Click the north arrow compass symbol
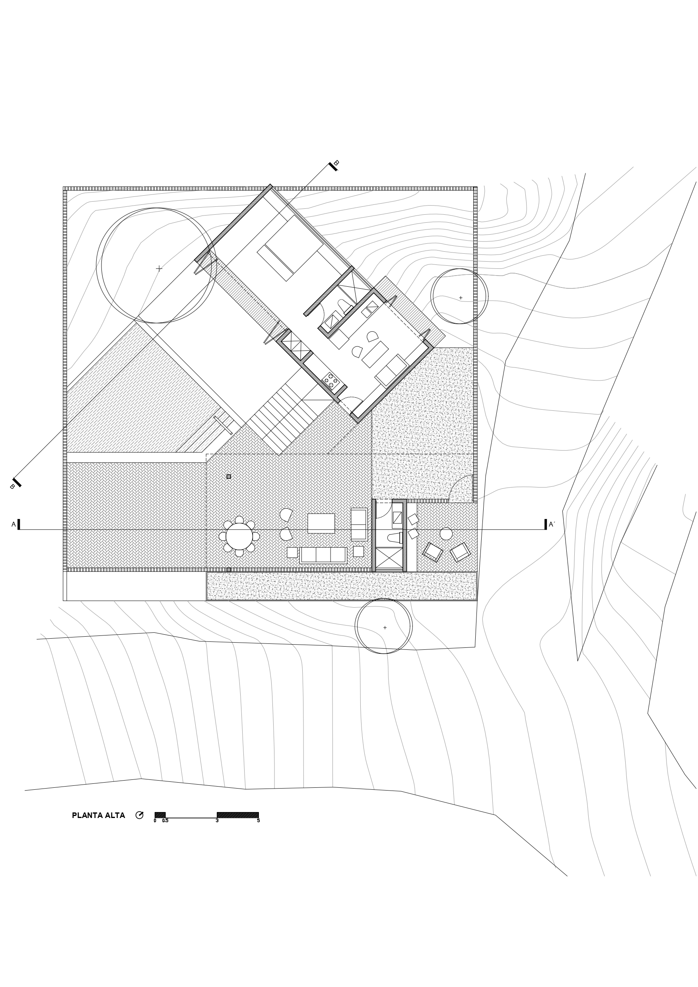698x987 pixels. pyautogui.click(x=139, y=815)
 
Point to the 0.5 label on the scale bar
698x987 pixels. pyautogui.click(x=165, y=821)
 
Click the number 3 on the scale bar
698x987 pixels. pyautogui.click(x=217, y=821)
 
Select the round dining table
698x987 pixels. pyautogui.click(x=239, y=536)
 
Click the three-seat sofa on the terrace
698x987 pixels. pyautogui.click(x=323, y=555)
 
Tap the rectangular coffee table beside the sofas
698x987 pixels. pyautogui.click(x=321, y=523)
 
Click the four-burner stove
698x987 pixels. pyautogui.click(x=331, y=381)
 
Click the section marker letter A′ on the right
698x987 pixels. pyautogui.click(x=552, y=524)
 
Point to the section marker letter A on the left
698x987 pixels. pyautogui.click(x=14, y=524)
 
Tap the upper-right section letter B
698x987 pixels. pyautogui.click(x=336, y=163)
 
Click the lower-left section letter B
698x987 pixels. pyautogui.click(x=12, y=487)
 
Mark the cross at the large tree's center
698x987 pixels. pyautogui.click(x=159, y=268)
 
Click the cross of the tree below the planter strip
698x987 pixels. pyautogui.click(x=385, y=627)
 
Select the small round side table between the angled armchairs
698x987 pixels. pyautogui.click(x=446, y=534)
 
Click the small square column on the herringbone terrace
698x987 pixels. pyautogui.click(x=229, y=476)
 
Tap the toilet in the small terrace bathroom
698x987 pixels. pyautogui.click(x=395, y=537)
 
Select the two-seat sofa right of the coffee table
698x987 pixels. pyautogui.click(x=359, y=524)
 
